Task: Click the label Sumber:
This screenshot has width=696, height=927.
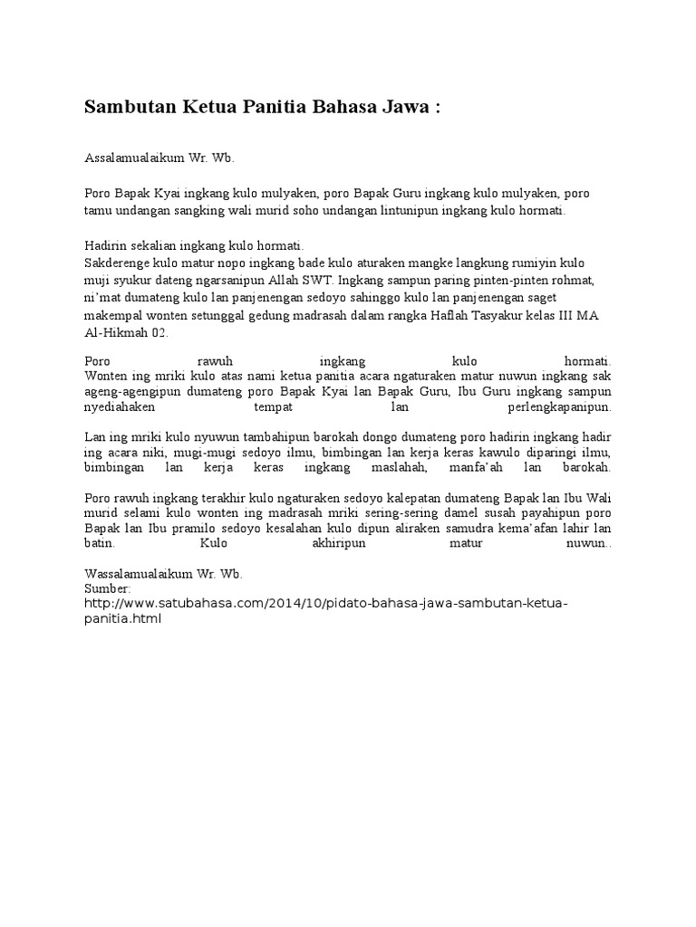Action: point(108,588)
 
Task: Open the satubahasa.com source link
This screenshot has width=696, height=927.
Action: point(325,603)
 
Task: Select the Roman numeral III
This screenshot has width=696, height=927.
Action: point(563,316)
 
